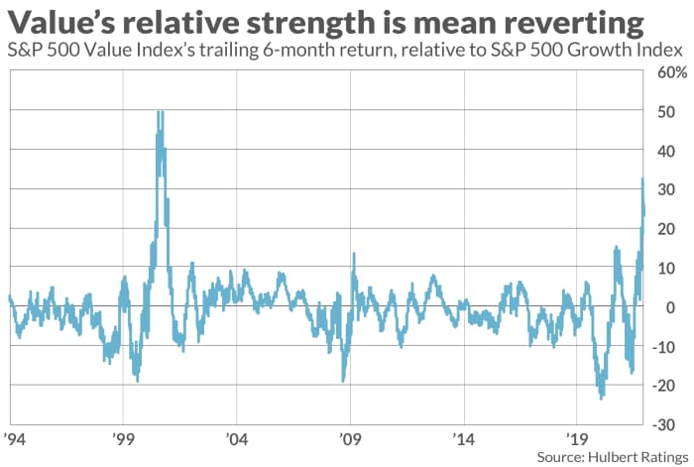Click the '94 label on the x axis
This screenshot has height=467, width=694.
point(14,436)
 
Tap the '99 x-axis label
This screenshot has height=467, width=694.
point(123,436)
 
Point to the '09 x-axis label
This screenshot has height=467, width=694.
point(349,436)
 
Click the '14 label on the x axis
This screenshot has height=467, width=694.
point(462,436)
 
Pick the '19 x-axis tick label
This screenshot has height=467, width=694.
point(575,436)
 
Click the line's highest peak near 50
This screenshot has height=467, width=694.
point(160,112)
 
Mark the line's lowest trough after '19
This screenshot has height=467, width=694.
point(601,398)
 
